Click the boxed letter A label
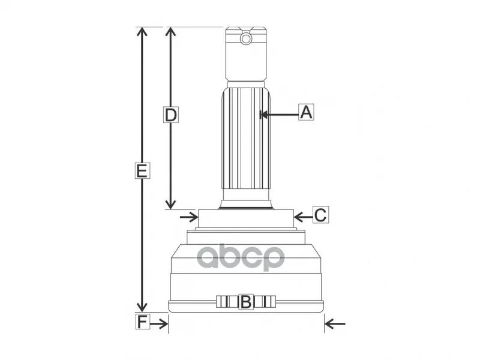[x=306, y=112]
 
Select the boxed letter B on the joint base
[x=246, y=302]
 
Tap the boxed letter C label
[x=320, y=215]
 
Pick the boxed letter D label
[x=170, y=115]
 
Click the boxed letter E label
[x=142, y=170]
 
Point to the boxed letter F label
[x=143, y=321]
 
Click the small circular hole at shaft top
[x=246, y=39]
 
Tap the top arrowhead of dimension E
[x=142, y=32]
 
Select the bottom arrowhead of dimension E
[x=142, y=307]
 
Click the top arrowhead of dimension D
[x=170, y=32]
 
